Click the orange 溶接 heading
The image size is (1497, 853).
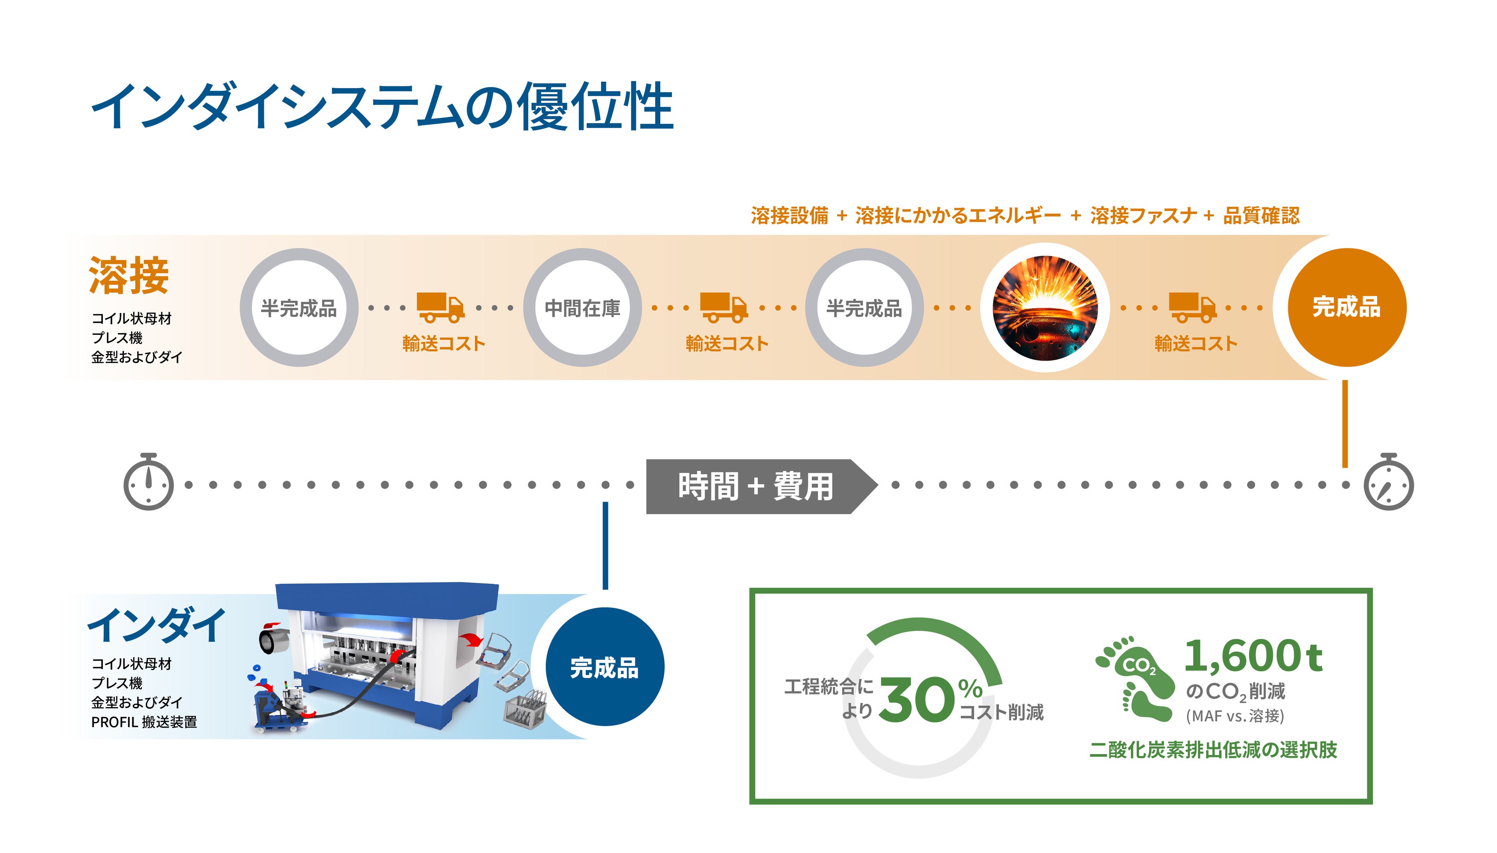click(x=129, y=275)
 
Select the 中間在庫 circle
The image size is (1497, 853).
click(x=582, y=308)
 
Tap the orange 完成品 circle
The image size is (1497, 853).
click(x=1347, y=308)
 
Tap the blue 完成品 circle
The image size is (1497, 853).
click(x=604, y=667)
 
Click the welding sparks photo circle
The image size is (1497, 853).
click(x=1044, y=308)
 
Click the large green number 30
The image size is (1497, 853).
click(x=916, y=700)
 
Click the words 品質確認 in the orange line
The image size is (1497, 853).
click(x=1261, y=216)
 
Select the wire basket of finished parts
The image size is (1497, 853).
click(x=525, y=709)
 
